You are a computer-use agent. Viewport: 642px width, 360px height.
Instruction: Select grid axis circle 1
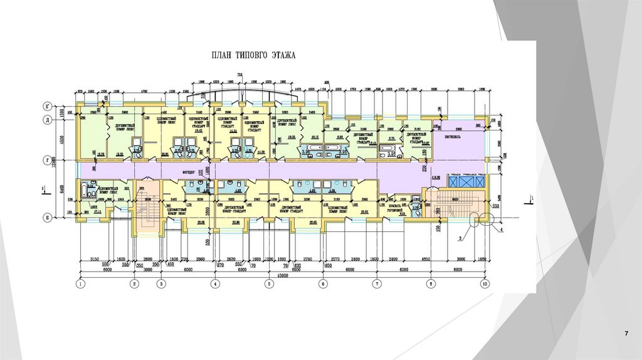point(81,284)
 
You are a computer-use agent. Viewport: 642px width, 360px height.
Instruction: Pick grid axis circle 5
point(269,284)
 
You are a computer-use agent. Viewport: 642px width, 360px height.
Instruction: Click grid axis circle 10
point(485,284)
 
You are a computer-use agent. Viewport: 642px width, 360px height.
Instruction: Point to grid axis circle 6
point(323,284)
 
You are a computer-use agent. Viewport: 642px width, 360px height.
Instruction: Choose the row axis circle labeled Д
point(64,119)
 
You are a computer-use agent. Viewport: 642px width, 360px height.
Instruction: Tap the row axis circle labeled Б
point(64,218)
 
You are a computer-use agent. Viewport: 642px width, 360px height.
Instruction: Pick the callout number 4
point(502,231)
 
